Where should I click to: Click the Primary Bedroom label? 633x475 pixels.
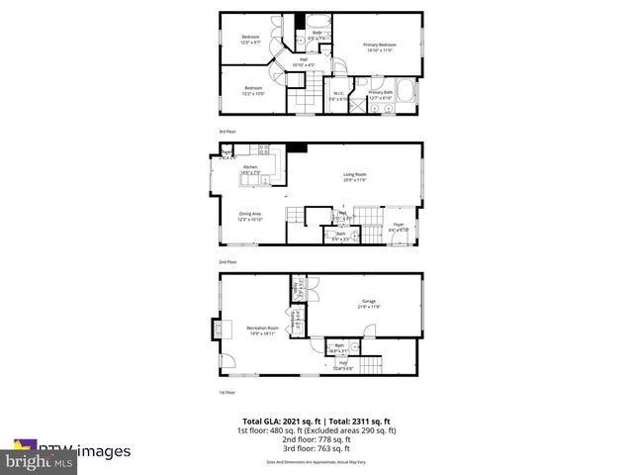(x=379, y=47)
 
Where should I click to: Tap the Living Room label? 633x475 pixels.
(x=354, y=178)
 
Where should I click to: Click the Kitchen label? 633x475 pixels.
(x=251, y=169)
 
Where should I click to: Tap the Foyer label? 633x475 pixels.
(x=399, y=227)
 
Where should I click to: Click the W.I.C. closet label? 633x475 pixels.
(x=339, y=96)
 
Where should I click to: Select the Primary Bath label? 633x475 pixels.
(x=382, y=95)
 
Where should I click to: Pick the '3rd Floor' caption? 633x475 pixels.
(x=227, y=131)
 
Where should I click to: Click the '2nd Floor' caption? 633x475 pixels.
(x=227, y=262)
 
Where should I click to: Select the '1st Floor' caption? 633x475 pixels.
(x=227, y=393)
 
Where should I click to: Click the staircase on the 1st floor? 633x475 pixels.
(x=368, y=369)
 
